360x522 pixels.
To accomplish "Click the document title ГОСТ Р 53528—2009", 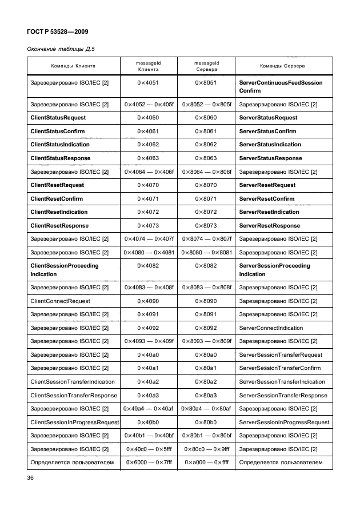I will coord(58,31).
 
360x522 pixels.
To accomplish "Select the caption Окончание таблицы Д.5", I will coord(61,50).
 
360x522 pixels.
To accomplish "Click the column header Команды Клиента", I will coord(73,66).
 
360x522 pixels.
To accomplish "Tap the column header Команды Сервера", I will coord(282,66).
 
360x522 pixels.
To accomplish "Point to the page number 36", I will coord(31,477).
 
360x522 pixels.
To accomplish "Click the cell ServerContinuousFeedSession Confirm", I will coord(281,87).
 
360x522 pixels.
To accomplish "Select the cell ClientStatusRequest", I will coord(58,118).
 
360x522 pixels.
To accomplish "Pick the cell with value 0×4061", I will coord(148,132).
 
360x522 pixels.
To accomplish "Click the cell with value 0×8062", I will coord(206,145).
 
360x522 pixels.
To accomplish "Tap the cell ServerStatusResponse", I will coord(270,158).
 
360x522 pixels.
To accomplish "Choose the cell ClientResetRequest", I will coord(57,185).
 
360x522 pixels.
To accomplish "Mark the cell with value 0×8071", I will coord(206,198).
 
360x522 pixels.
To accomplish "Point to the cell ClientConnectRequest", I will coord(60,301).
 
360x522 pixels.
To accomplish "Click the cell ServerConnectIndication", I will coord(271,328).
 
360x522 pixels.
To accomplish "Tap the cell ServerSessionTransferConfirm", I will coord(279,368).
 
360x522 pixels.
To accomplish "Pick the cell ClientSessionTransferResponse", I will coord(74,395).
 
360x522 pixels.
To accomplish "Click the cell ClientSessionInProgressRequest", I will coord(74,422).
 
